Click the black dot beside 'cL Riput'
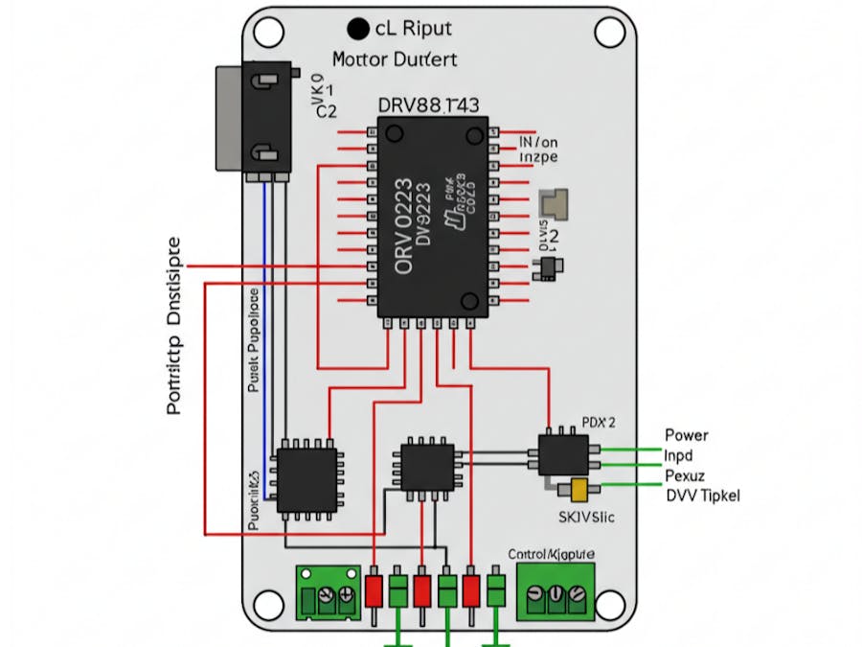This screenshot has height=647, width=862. click(x=359, y=29)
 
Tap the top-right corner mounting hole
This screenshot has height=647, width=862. click(x=608, y=32)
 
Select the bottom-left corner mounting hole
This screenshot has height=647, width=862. click(x=268, y=605)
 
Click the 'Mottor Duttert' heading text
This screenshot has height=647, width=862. click(x=395, y=59)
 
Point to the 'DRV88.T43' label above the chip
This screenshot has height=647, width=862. click(x=429, y=104)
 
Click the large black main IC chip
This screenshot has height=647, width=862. click(x=432, y=218)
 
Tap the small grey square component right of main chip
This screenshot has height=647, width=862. click(x=555, y=203)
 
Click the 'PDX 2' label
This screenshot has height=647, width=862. click(x=599, y=422)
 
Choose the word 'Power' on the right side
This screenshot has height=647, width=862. click(x=686, y=435)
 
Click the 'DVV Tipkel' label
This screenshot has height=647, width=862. click(x=702, y=495)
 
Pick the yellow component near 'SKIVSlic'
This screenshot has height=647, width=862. click(x=577, y=490)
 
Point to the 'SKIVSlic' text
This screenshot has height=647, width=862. click(x=586, y=518)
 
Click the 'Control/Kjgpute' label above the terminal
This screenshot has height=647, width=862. click(x=551, y=554)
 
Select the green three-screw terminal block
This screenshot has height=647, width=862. click(x=556, y=591)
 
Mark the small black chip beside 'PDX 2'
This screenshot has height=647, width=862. click(x=562, y=453)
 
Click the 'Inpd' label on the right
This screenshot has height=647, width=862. click(x=678, y=454)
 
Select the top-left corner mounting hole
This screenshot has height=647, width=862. click(x=268, y=32)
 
